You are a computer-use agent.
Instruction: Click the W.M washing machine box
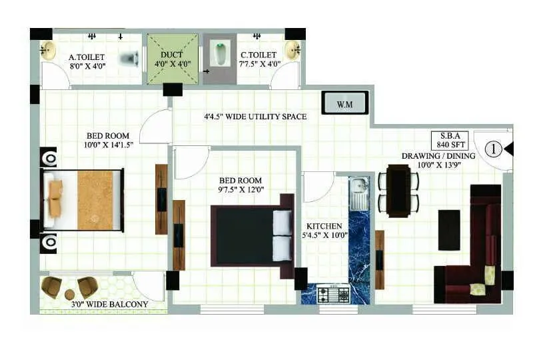point(344,103)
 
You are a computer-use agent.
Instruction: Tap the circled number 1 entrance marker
point(492,149)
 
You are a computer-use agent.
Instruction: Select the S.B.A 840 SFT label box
point(451,140)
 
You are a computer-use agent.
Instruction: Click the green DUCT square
point(173,59)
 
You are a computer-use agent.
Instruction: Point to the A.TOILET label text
point(86,57)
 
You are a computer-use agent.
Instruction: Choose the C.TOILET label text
point(261,55)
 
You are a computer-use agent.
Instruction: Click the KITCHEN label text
point(324,226)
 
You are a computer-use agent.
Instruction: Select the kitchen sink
point(358,191)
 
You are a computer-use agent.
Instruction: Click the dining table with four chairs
point(398,191)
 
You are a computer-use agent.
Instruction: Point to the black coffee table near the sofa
point(449,229)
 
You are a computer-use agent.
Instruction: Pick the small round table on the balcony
point(69,294)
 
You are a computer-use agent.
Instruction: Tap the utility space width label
point(255,117)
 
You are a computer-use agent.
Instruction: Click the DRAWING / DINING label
point(438,156)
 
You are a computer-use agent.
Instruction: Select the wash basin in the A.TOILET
point(47,50)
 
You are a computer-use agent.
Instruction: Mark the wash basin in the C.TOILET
point(292,49)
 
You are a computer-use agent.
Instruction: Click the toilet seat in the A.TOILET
point(129,59)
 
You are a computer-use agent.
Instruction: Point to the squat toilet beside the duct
point(220,54)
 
